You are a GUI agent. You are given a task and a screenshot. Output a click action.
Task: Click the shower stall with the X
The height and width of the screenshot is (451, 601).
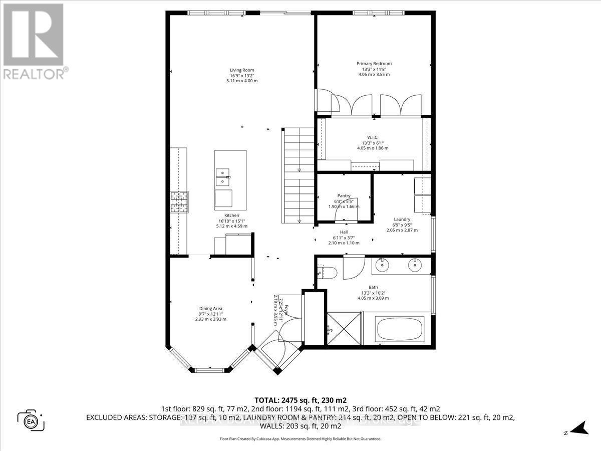coord(344,329)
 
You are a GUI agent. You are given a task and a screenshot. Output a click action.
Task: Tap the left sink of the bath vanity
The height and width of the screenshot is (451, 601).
coord(382,265)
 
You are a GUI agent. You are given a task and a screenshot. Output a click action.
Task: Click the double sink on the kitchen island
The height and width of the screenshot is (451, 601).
coord(223,174)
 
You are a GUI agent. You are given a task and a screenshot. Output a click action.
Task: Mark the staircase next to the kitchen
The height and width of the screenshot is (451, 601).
coord(299,175)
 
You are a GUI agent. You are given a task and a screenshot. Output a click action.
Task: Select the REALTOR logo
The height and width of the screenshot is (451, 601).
coord(34,40)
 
